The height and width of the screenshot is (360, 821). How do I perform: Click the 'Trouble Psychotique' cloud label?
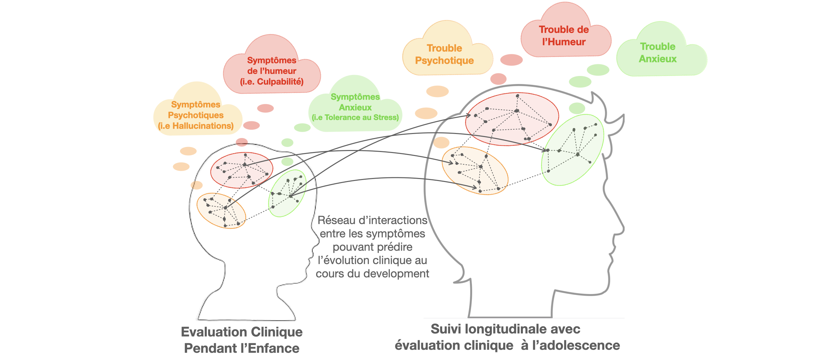point(444,54)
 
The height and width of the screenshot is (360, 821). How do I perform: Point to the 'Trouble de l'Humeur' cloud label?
point(564,36)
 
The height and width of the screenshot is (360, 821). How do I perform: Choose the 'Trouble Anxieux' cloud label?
point(658,53)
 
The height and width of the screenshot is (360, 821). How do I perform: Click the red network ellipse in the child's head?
point(241,170)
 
